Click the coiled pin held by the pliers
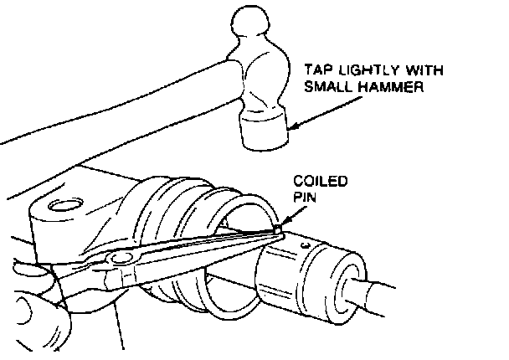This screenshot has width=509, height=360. click(x=277, y=228)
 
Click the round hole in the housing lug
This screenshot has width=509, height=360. click(x=63, y=203)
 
